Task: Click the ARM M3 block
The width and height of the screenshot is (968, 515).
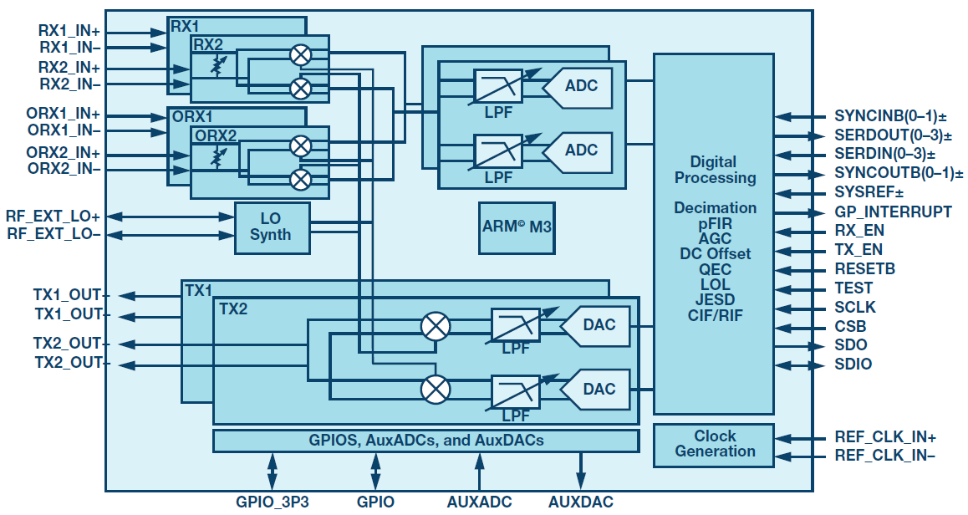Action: click(x=517, y=228)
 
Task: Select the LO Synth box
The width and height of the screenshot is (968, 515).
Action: click(x=273, y=227)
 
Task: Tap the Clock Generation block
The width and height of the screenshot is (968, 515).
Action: click(x=714, y=445)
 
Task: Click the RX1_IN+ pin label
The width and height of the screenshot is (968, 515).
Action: click(x=69, y=31)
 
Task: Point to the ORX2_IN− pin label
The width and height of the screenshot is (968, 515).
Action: click(x=64, y=169)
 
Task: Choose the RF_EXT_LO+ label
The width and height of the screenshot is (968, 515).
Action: click(x=53, y=217)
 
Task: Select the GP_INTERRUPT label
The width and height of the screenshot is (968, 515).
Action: click(x=893, y=212)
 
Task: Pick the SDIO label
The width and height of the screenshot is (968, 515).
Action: click(x=853, y=365)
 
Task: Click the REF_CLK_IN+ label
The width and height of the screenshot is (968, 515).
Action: click(x=885, y=437)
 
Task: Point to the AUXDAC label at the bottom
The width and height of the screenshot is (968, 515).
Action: click(x=580, y=502)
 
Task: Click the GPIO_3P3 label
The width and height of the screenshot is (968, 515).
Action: click(x=273, y=502)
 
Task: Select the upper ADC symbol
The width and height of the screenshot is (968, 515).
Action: click(x=578, y=86)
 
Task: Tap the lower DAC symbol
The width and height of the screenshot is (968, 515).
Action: click(x=595, y=390)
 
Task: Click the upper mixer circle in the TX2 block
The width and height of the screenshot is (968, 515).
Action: click(x=436, y=326)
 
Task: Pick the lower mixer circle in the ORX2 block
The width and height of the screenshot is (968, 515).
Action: click(x=301, y=180)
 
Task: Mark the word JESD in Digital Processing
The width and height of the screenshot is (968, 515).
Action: click(x=715, y=300)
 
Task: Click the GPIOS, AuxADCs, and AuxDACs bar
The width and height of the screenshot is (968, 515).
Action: click(x=426, y=441)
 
